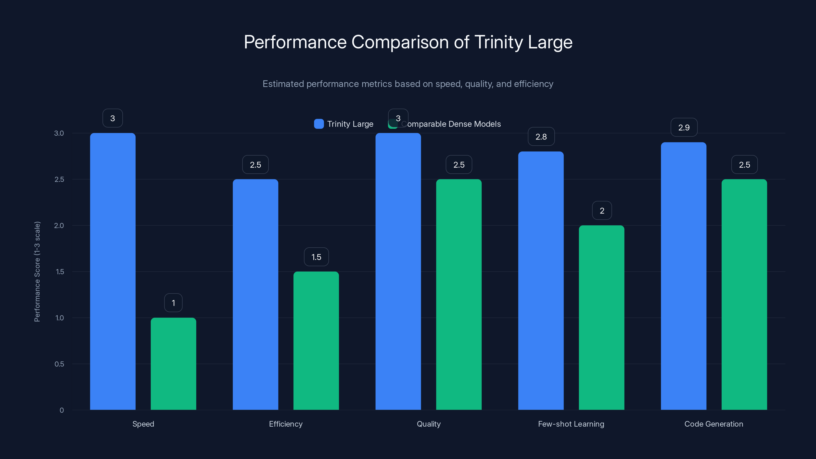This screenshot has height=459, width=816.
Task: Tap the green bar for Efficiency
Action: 316,340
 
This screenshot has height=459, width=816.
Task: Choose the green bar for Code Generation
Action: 744,295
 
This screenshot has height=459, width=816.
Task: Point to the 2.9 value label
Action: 684,127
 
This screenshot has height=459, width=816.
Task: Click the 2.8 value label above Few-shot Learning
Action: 541,136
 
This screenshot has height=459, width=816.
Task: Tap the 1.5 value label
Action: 316,257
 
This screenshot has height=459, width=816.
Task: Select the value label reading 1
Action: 173,303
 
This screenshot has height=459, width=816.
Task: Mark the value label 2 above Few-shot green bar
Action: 602,211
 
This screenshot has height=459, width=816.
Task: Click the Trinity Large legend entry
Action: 344,124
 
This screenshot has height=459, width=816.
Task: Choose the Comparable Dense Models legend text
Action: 453,124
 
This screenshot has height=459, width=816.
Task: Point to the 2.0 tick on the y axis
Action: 59,225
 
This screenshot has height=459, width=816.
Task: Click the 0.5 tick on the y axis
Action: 59,364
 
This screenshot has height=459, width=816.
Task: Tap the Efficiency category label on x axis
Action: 286,424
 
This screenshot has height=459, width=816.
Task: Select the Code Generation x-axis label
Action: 714,424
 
